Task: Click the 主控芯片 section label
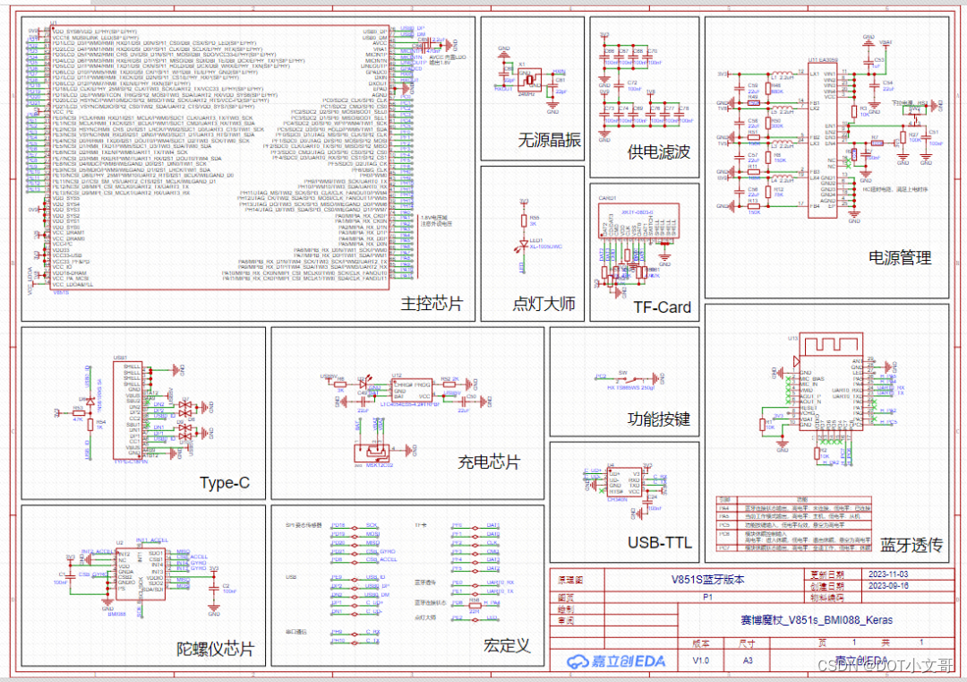[x=432, y=305]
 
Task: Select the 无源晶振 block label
[x=549, y=141]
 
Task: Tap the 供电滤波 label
[x=659, y=152]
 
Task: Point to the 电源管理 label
[x=900, y=258]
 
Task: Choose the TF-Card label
[x=662, y=307]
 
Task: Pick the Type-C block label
[x=225, y=483]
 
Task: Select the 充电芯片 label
[x=489, y=462]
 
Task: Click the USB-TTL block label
[x=659, y=542]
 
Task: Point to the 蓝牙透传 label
[x=911, y=545]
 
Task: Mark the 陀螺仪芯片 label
[x=215, y=648]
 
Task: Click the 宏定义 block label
[x=507, y=645]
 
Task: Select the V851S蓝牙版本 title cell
[x=707, y=579]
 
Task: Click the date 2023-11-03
[x=888, y=574]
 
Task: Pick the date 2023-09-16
[x=888, y=585]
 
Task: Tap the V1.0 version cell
[x=700, y=660]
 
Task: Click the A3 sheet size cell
[x=748, y=660]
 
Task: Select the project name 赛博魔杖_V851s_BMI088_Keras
[x=812, y=620]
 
